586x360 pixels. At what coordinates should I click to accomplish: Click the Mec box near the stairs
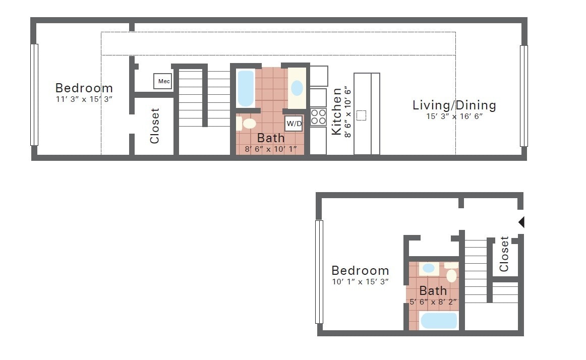click(163, 81)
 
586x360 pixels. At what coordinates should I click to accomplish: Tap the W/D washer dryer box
click(294, 124)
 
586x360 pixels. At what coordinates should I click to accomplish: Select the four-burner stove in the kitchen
click(318, 117)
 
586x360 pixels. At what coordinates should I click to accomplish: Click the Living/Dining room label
click(454, 105)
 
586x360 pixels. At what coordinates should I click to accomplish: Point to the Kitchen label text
click(336, 111)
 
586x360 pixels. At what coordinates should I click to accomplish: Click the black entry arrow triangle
click(521, 222)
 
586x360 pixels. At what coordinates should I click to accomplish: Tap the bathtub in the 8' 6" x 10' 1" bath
click(246, 88)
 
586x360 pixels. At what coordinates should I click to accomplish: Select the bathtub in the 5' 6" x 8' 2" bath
click(439, 321)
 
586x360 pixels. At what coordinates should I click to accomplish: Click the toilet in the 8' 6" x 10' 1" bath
click(247, 124)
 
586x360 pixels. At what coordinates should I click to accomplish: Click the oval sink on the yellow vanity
click(297, 88)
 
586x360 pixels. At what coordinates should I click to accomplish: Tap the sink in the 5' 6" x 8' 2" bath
click(429, 268)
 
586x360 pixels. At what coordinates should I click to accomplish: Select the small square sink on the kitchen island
click(361, 115)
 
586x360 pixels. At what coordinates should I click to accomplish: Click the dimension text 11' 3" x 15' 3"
click(84, 99)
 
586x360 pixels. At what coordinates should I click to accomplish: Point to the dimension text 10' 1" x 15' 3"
click(360, 282)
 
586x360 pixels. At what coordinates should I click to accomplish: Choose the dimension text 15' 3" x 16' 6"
click(454, 116)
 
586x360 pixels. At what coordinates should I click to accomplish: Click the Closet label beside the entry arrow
click(504, 254)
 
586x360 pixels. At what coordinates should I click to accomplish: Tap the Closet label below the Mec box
click(155, 126)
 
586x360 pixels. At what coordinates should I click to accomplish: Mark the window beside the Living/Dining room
click(524, 96)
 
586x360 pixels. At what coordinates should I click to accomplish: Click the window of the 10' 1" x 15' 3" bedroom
click(319, 272)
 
